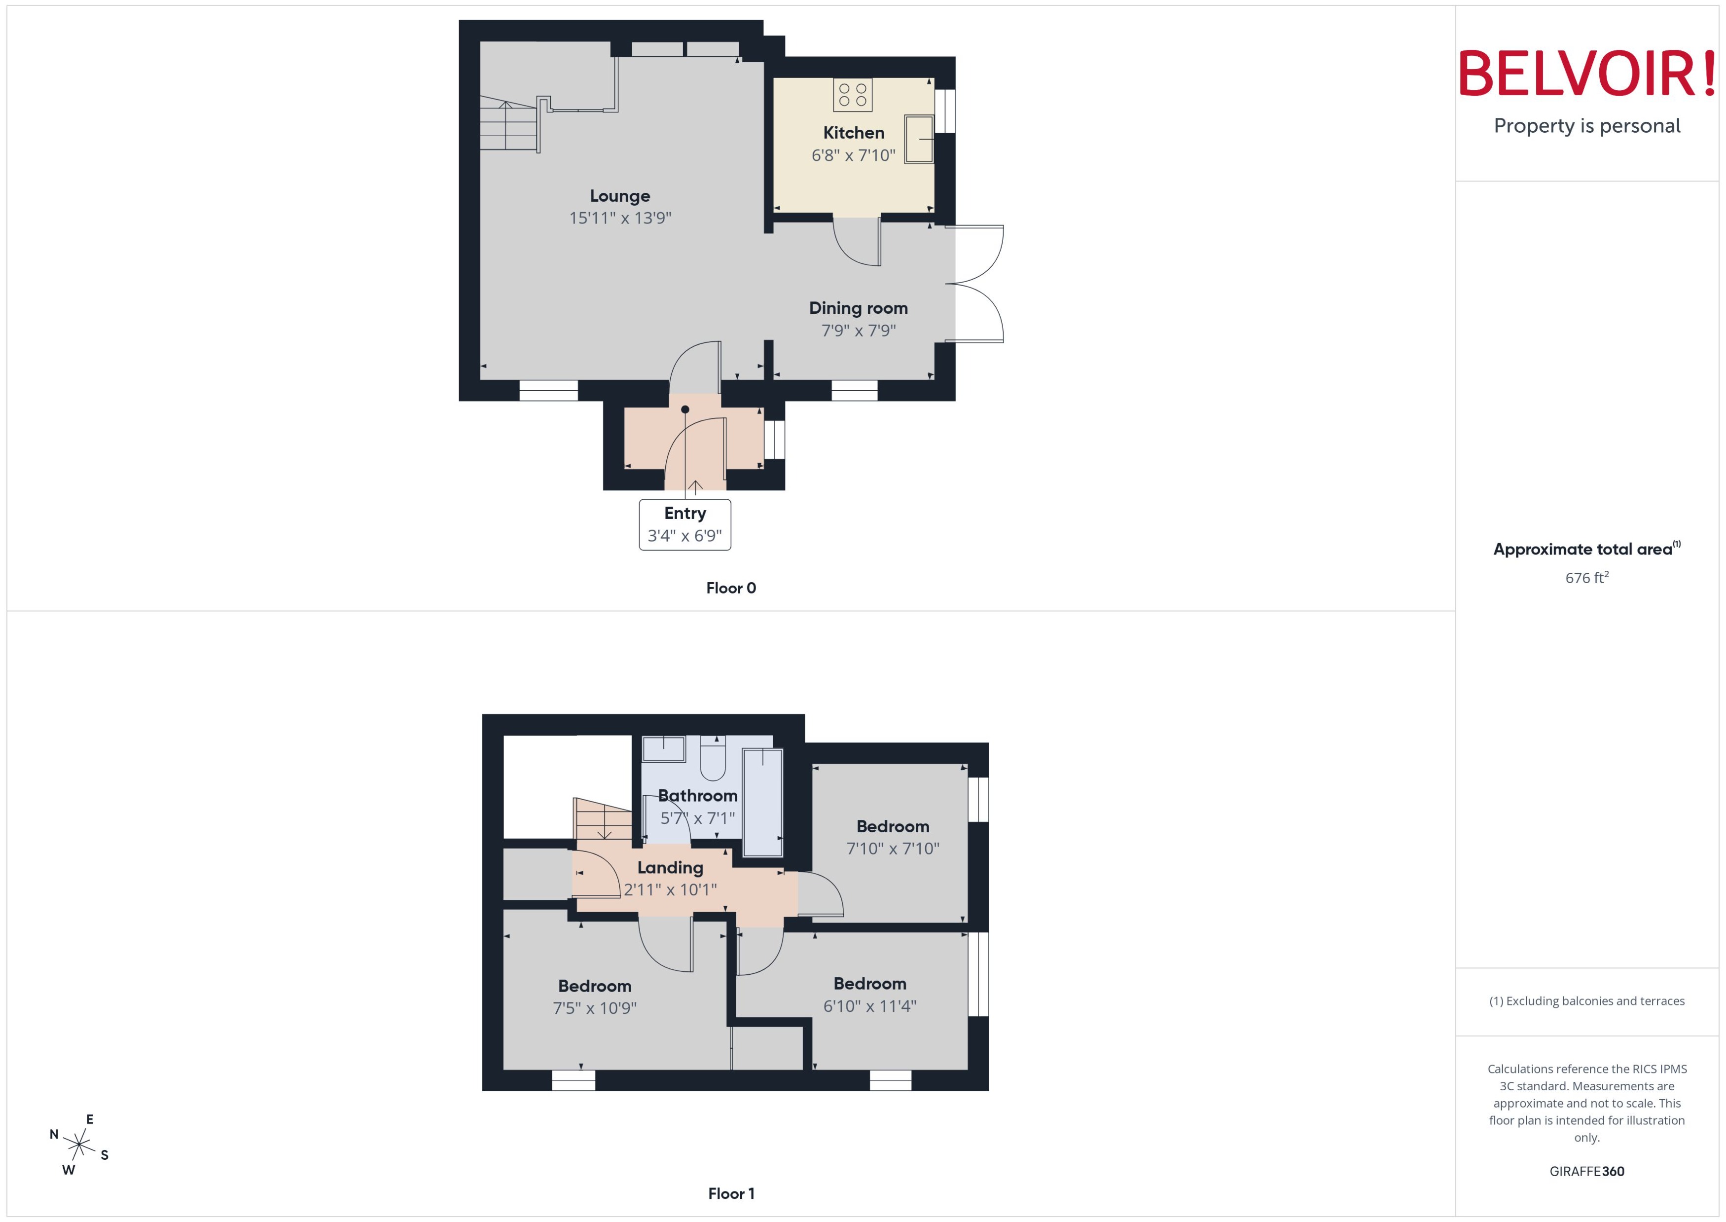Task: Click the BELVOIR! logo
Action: pos(1587,74)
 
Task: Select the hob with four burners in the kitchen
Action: pos(852,95)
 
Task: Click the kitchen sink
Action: pos(918,139)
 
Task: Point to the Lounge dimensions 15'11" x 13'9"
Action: pos(620,218)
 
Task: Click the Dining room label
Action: pos(858,308)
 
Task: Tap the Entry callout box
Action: pos(684,524)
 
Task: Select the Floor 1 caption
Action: pos(730,1193)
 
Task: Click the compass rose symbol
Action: pos(79,1145)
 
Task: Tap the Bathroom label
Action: pos(697,795)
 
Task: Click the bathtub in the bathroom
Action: pos(762,802)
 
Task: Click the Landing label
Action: pos(670,868)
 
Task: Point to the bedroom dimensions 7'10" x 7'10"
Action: pos(893,849)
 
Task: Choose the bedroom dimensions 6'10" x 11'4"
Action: pos(869,1006)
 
